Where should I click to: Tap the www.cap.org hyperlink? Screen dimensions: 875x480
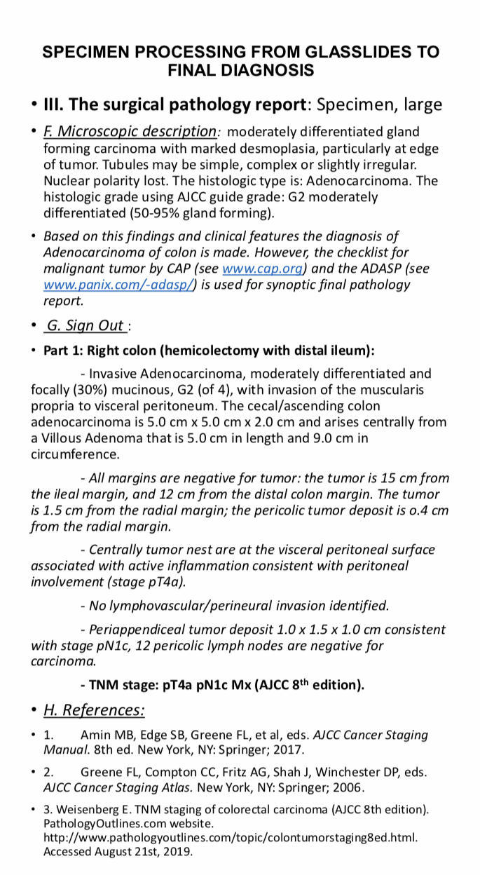pyautogui.click(x=262, y=269)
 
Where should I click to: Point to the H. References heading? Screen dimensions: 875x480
pyautogui.click(x=94, y=710)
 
